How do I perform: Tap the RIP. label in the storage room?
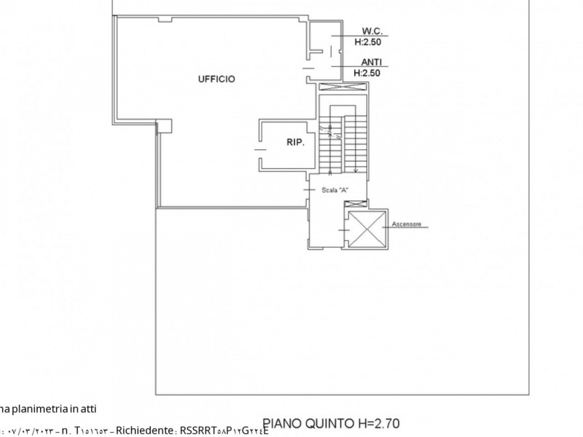(x=294, y=143)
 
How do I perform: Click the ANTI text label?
(x=371, y=63)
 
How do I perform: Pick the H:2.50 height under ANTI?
(x=367, y=73)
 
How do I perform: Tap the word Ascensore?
(x=407, y=224)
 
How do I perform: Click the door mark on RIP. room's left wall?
(x=259, y=149)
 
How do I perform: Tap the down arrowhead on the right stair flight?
(x=356, y=170)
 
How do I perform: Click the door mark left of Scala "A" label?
(x=309, y=189)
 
